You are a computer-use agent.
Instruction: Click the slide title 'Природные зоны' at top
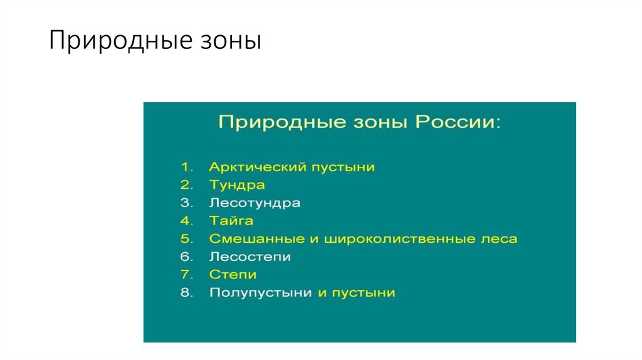154,41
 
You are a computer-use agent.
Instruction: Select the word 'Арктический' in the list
250,167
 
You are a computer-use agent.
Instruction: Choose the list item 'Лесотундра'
255,203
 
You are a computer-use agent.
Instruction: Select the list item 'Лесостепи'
250,257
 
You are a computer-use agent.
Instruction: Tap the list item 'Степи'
233,275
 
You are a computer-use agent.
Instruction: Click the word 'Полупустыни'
260,293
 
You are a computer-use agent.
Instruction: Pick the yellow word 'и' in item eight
322,293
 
